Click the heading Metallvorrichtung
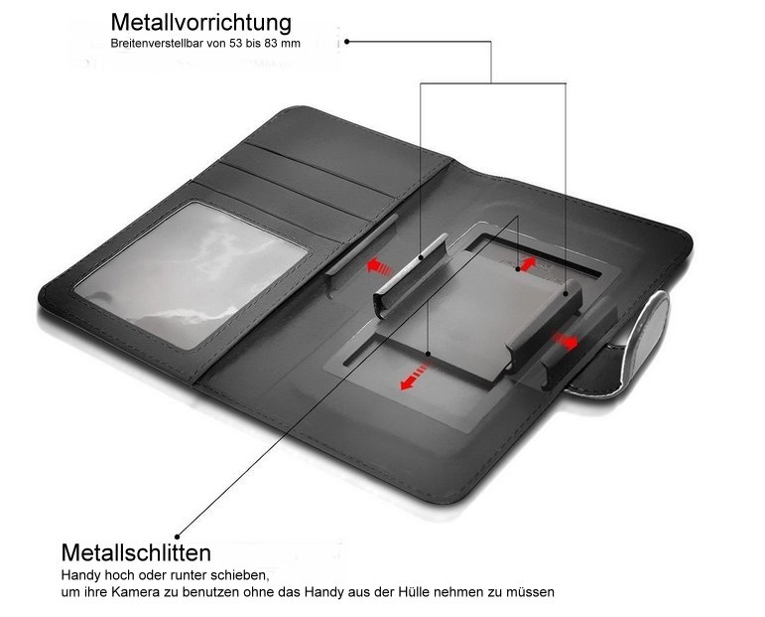click(201, 23)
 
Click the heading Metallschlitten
click(136, 552)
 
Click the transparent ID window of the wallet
click(191, 274)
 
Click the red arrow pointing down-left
click(414, 377)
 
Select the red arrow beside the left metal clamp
click(380, 266)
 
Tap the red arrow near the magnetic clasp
click(565, 340)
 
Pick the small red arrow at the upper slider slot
click(528, 264)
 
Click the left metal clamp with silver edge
click(412, 276)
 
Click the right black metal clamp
click(544, 325)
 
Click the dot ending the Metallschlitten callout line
click(177, 537)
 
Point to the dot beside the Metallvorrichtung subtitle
click(346, 42)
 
